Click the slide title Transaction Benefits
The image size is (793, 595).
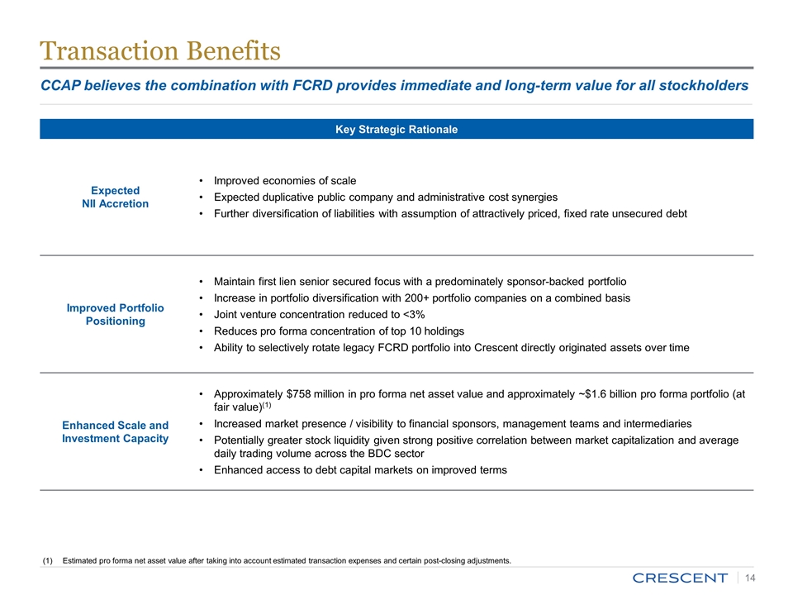160,51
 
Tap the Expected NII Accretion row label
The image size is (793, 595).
116,197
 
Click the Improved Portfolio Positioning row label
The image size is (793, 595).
116,314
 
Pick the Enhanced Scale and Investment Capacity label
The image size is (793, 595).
116,431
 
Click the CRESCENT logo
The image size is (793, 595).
680,577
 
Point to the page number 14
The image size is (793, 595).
752,577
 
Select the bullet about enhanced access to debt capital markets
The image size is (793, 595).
360,470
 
